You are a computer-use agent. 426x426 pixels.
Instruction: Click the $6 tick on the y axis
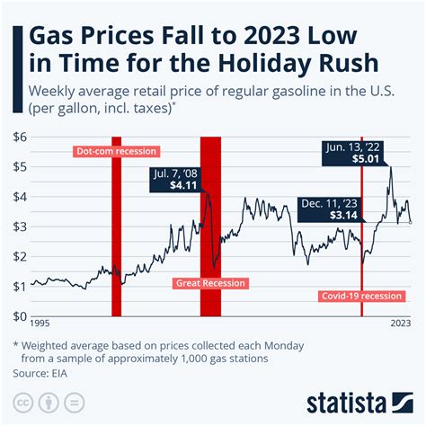[x=19, y=136]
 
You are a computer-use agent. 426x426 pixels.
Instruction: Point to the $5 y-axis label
[x=19, y=166]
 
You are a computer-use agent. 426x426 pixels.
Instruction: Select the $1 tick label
[x=19, y=286]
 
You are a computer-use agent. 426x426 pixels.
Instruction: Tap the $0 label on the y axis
[x=19, y=315]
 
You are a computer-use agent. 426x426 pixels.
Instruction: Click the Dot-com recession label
[x=116, y=151]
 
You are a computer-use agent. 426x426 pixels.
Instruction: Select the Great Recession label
[x=209, y=283]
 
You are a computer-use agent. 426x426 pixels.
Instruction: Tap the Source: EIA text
[x=49, y=372]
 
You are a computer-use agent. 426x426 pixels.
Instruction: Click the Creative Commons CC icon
[x=22, y=401]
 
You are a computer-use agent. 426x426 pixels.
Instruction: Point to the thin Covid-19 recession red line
[x=361, y=234]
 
